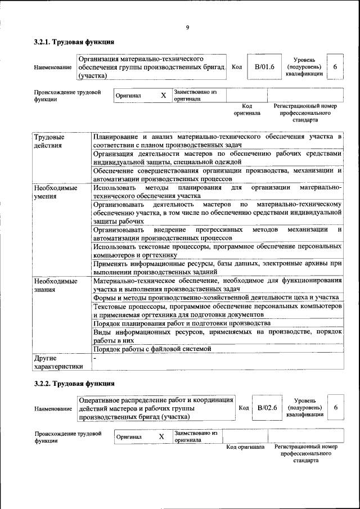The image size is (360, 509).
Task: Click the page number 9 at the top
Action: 187,27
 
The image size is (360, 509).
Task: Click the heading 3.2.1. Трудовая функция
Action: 74,42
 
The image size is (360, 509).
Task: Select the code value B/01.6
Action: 264,67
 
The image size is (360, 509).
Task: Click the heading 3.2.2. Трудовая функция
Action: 74,384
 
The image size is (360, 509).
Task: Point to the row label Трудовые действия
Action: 49,141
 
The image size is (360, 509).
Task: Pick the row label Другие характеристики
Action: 58,362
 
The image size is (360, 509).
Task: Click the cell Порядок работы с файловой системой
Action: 152,349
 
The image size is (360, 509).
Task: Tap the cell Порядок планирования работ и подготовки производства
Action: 182,323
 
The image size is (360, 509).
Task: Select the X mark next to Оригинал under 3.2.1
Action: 163,96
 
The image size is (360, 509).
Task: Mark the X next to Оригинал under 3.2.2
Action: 161,436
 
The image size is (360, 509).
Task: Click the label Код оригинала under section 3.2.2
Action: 245,447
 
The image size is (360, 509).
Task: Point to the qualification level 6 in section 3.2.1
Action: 335,67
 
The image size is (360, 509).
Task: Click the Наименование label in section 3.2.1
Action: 53,67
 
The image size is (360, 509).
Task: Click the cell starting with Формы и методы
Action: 215,297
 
